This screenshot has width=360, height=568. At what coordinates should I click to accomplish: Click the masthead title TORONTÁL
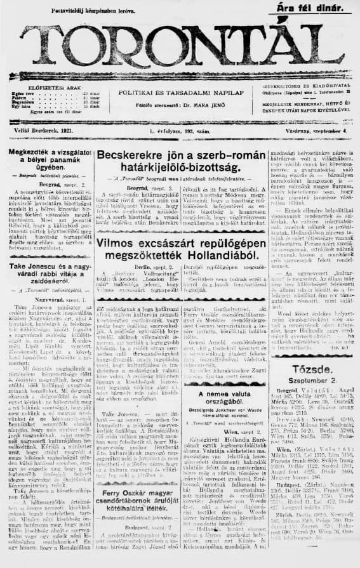click(x=179, y=46)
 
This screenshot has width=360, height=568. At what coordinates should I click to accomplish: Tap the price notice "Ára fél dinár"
click(x=310, y=8)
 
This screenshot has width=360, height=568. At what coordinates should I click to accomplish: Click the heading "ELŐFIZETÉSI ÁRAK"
click(x=48, y=88)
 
